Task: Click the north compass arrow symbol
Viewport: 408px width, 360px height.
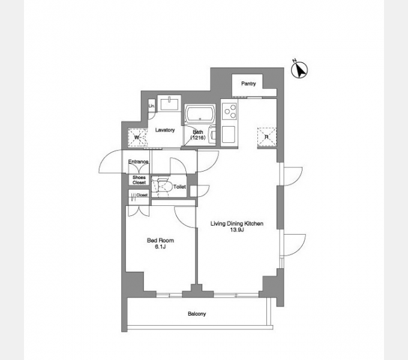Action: (299, 70)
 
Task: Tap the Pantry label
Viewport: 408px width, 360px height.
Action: (248, 83)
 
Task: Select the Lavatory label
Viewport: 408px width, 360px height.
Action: (165, 130)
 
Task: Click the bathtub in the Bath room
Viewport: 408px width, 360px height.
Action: (200, 113)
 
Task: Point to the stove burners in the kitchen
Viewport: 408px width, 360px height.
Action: (229, 111)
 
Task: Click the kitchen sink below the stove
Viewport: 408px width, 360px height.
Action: (229, 134)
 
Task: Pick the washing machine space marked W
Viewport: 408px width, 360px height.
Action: (137, 137)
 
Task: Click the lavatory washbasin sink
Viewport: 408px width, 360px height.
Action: (169, 103)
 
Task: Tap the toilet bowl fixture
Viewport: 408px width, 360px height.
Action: (163, 187)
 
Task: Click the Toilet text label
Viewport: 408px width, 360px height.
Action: (179, 187)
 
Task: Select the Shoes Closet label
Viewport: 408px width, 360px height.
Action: (139, 180)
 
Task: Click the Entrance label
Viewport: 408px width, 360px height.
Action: (138, 162)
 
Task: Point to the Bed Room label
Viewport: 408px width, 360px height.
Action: (160, 241)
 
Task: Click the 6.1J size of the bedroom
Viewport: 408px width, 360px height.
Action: (160, 247)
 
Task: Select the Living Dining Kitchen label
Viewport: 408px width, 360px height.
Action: (237, 223)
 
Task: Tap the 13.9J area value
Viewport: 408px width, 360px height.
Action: (237, 230)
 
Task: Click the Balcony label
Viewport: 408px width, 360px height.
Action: (197, 314)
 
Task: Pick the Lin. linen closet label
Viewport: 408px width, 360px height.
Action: (151, 106)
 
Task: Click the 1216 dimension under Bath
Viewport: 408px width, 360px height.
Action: (198, 137)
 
